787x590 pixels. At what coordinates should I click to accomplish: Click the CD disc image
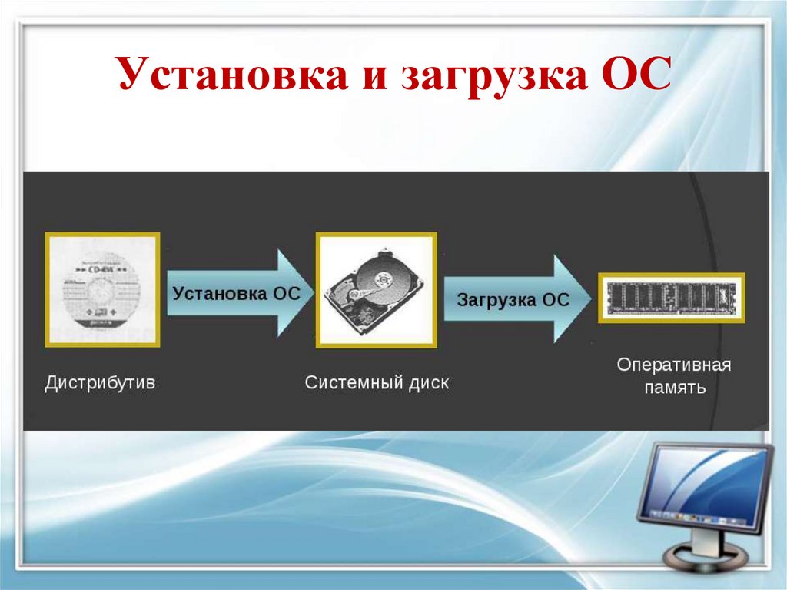click(x=102, y=290)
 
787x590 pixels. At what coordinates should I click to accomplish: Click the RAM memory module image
click(x=671, y=298)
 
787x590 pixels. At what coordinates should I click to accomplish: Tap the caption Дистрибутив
click(x=100, y=382)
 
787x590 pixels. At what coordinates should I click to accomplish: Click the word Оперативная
click(x=674, y=365)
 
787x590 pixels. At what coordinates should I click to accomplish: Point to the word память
click(x=674, y=387)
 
